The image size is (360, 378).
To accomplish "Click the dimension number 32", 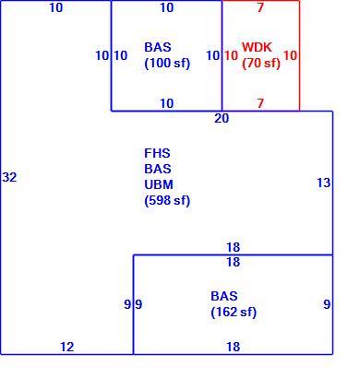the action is (9, 177).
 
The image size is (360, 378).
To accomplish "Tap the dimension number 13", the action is (324, 183).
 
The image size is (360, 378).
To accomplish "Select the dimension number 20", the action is (222, 118).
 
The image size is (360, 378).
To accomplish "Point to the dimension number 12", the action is (67, 347).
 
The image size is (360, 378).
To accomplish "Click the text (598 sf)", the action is (167, 201).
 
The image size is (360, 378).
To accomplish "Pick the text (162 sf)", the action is (234, 313).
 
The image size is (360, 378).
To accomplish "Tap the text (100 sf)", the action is (167, 64).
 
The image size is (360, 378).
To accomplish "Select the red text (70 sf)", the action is (261, 64).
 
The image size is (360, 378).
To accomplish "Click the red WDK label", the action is (257, 47).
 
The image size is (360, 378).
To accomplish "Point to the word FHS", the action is (157, 153).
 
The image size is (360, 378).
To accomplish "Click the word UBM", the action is (159, 184).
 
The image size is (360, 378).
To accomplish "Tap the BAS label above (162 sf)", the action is (224, 296).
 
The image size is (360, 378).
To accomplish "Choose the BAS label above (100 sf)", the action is (158, 47).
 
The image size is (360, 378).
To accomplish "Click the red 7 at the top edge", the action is (260, 7).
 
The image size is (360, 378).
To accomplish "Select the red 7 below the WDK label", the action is (260, 103).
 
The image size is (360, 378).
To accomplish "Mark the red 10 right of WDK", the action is (290, 55).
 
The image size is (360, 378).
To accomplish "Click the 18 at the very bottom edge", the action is (234, 347).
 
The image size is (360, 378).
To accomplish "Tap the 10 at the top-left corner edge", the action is (56, 7).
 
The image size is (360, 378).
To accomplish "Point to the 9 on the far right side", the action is (327, 304).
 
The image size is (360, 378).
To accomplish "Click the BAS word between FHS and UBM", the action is (158, 169).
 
